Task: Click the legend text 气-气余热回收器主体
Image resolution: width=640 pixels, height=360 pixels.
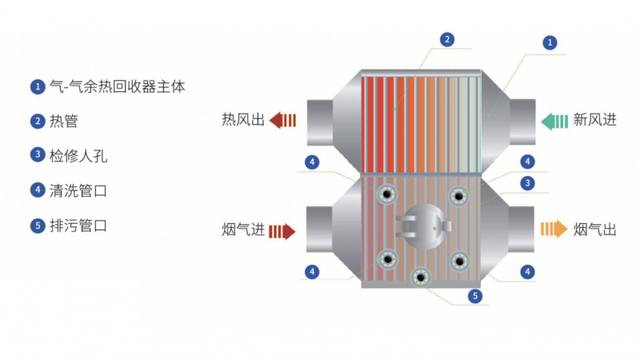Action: pos(118,86)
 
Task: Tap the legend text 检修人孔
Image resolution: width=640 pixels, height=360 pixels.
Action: pos(78,156)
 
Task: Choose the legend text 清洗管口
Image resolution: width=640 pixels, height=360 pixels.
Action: pos(78,190)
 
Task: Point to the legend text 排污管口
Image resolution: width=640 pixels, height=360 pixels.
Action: pos(78,226)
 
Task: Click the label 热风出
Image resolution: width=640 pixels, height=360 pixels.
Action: pos(242,121)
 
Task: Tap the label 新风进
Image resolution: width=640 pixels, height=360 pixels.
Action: pos(595,121)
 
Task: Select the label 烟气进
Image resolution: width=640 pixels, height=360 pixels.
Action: pos(242,231)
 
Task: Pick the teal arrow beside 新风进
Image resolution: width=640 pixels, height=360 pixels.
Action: pos(554,121)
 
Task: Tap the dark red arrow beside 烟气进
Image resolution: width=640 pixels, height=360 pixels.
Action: pos(282,231)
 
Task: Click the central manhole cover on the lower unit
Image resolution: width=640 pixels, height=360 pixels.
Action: pos(429,224)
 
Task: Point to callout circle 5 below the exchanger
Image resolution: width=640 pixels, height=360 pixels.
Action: pos(476,296)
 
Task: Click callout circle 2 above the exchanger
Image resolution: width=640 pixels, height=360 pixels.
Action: pos(447,38)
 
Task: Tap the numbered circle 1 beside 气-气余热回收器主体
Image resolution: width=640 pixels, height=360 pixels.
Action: pos(36,86)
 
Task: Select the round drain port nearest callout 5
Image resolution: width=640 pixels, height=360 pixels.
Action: pos(420,278)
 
